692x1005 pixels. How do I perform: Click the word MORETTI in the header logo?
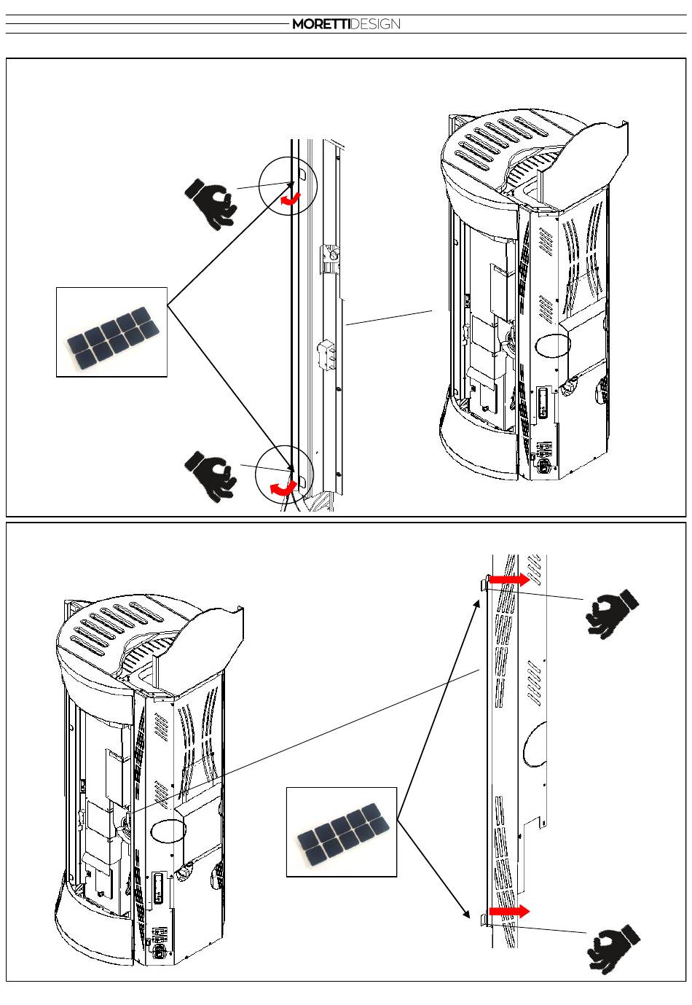[321, 24]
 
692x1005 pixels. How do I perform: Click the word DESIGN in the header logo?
[375, 24]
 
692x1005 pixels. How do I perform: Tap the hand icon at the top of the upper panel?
[211, 204]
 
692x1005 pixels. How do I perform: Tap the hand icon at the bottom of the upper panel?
[211, 475]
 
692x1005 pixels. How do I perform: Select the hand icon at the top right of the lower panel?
[612, 614]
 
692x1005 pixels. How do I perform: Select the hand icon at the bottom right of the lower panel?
[615, 947]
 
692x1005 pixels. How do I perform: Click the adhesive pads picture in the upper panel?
[111, 332]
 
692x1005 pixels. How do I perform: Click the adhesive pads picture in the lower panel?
[342, 832]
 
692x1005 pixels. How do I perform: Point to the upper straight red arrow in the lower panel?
[508, 579]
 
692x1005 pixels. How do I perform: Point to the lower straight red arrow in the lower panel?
[508, 911]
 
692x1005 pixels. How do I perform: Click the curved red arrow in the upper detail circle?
[291, 198]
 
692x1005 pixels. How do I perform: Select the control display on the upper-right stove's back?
[542, 403]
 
